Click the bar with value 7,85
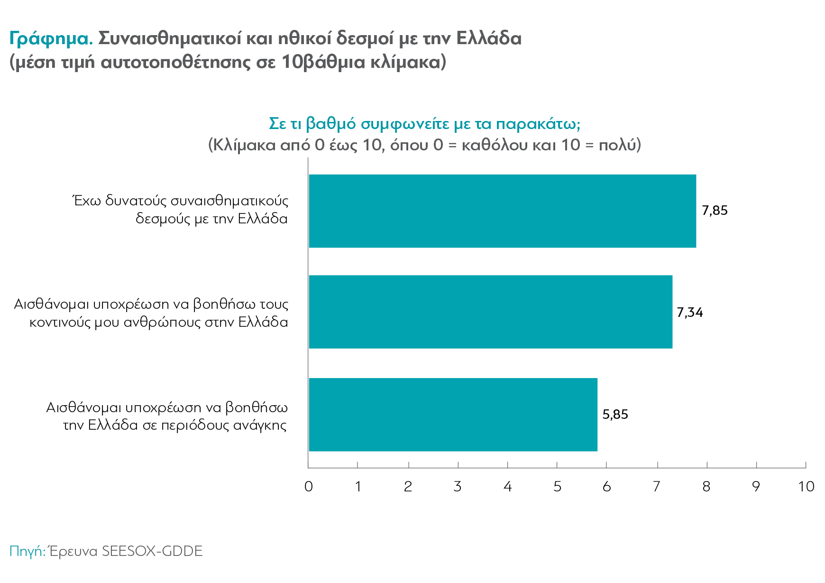click(x=502, y=211)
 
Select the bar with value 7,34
click(x=490, y=312)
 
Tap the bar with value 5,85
click(x=453, y=415)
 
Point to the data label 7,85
click(x=715, y=211)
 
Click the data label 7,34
click(x=690, y=313)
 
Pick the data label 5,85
click(x=615, y=415)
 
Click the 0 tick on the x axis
click(x=309, y=487)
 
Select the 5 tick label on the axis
click(x=557, y=487)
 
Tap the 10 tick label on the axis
click(x=806, y=487)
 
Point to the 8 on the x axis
click(x=706, y=487)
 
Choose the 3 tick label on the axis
click(x=458, y=487)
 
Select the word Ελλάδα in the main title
click(x=489, y=38)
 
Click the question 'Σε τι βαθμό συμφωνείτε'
click(x=424, y=124)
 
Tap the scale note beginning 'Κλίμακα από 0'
click(x=424, y=145)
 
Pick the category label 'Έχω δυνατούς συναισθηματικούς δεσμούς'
click(x=180, y=210)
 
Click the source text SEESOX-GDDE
click(x=152, y=551)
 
